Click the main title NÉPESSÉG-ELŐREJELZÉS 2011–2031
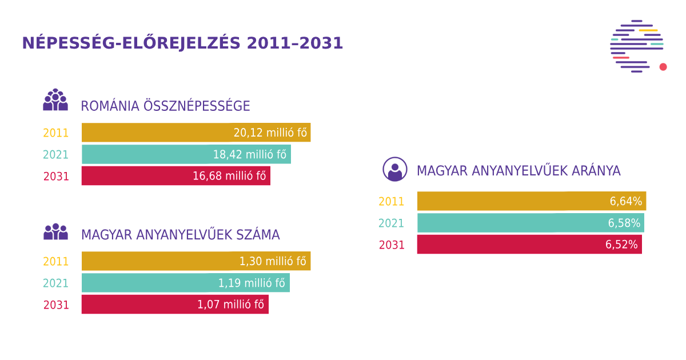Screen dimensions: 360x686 (182, 43)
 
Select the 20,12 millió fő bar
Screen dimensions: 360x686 (196, 133)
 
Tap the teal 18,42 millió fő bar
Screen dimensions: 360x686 (186, 154)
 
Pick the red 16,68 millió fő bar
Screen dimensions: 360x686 (176, 176)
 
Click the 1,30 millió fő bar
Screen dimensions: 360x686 (196, 261)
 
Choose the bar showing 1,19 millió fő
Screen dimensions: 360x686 (186, 283)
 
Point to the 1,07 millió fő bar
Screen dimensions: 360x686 (175, 305)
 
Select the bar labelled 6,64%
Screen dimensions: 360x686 (532, 201)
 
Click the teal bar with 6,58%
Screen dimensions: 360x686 (531, 223)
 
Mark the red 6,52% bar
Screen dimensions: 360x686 (529, 245)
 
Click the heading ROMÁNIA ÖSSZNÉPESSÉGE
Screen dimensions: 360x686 (165, 106)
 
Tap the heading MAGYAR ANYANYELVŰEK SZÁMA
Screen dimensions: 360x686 (180, 235)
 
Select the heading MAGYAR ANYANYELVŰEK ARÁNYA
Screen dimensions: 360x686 (519, 171)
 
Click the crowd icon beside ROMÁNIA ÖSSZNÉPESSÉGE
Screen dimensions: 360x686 (55, 100)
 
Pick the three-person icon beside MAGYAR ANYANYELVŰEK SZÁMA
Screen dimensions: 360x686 (55, 231)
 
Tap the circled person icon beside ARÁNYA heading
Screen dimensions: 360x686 (395, 169)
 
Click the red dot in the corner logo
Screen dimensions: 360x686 (663, 67)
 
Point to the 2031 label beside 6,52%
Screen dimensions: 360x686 (392, 245)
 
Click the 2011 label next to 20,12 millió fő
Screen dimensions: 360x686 (56, 133)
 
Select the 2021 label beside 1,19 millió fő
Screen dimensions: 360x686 (56, 283)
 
